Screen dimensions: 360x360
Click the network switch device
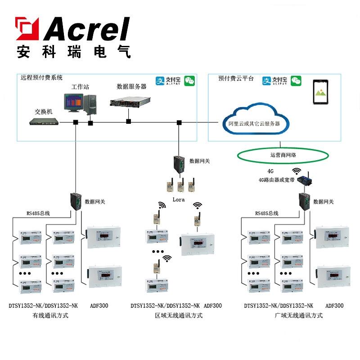[44, 121]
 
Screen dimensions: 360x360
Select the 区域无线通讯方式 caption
[179, 315]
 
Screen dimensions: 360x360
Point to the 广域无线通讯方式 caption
[298, 315]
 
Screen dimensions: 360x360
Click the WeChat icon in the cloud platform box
[296, 81]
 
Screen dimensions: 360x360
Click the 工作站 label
[80, 87]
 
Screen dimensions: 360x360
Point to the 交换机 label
[44, 111]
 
